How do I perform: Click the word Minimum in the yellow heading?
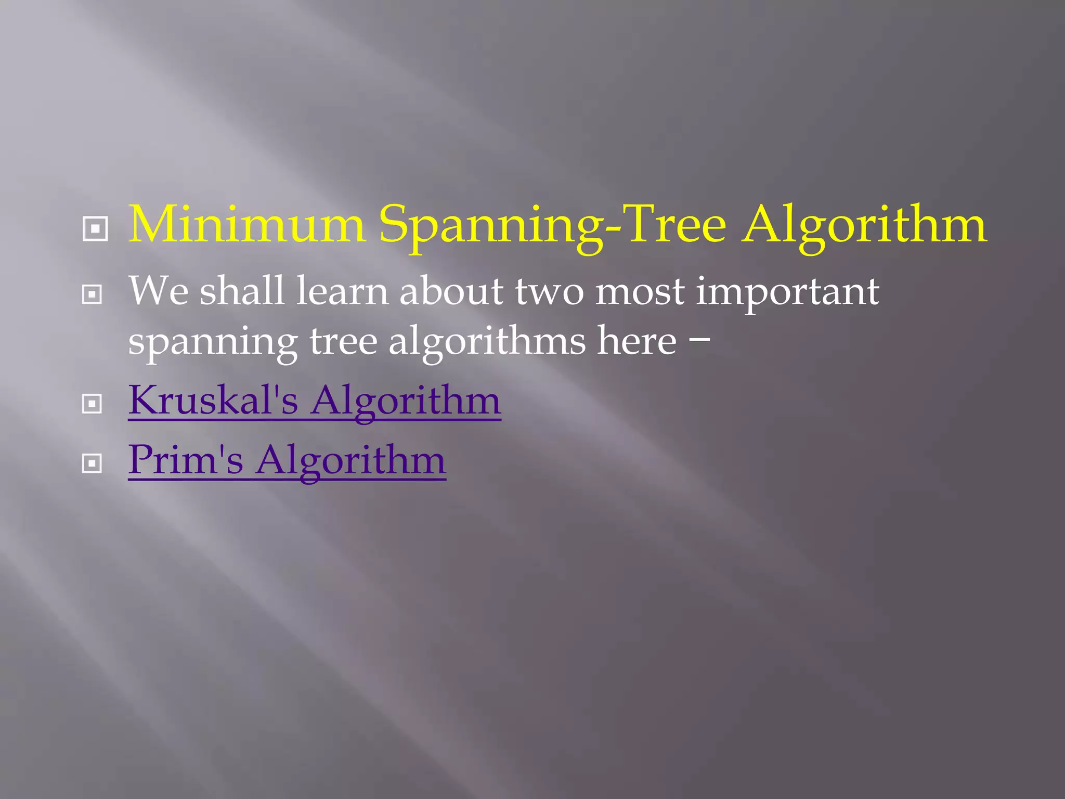pos(246,224)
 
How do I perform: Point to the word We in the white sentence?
pos(159,291)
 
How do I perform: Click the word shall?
pos(242,291)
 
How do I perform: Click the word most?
pos(640,292)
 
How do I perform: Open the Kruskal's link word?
pos(213,400)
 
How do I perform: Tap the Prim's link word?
pos(186,460)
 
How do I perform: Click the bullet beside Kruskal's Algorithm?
pos(92,404)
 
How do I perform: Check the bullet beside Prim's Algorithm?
pos(92,463)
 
